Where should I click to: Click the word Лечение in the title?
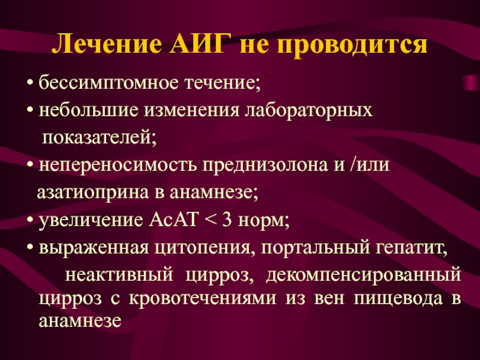tap(107, 44)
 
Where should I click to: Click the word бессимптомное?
tap(108, 83)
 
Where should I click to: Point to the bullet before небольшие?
tap(30, 110)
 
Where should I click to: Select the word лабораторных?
tap(308, 111)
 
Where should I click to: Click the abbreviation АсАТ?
tap(173, 220)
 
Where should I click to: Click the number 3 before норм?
tap(227, 220)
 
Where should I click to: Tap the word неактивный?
tap(119, 274)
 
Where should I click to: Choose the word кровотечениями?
tap(203, 298)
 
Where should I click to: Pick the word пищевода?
tap(398, 298)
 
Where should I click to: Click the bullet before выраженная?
tap(30, 248)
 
